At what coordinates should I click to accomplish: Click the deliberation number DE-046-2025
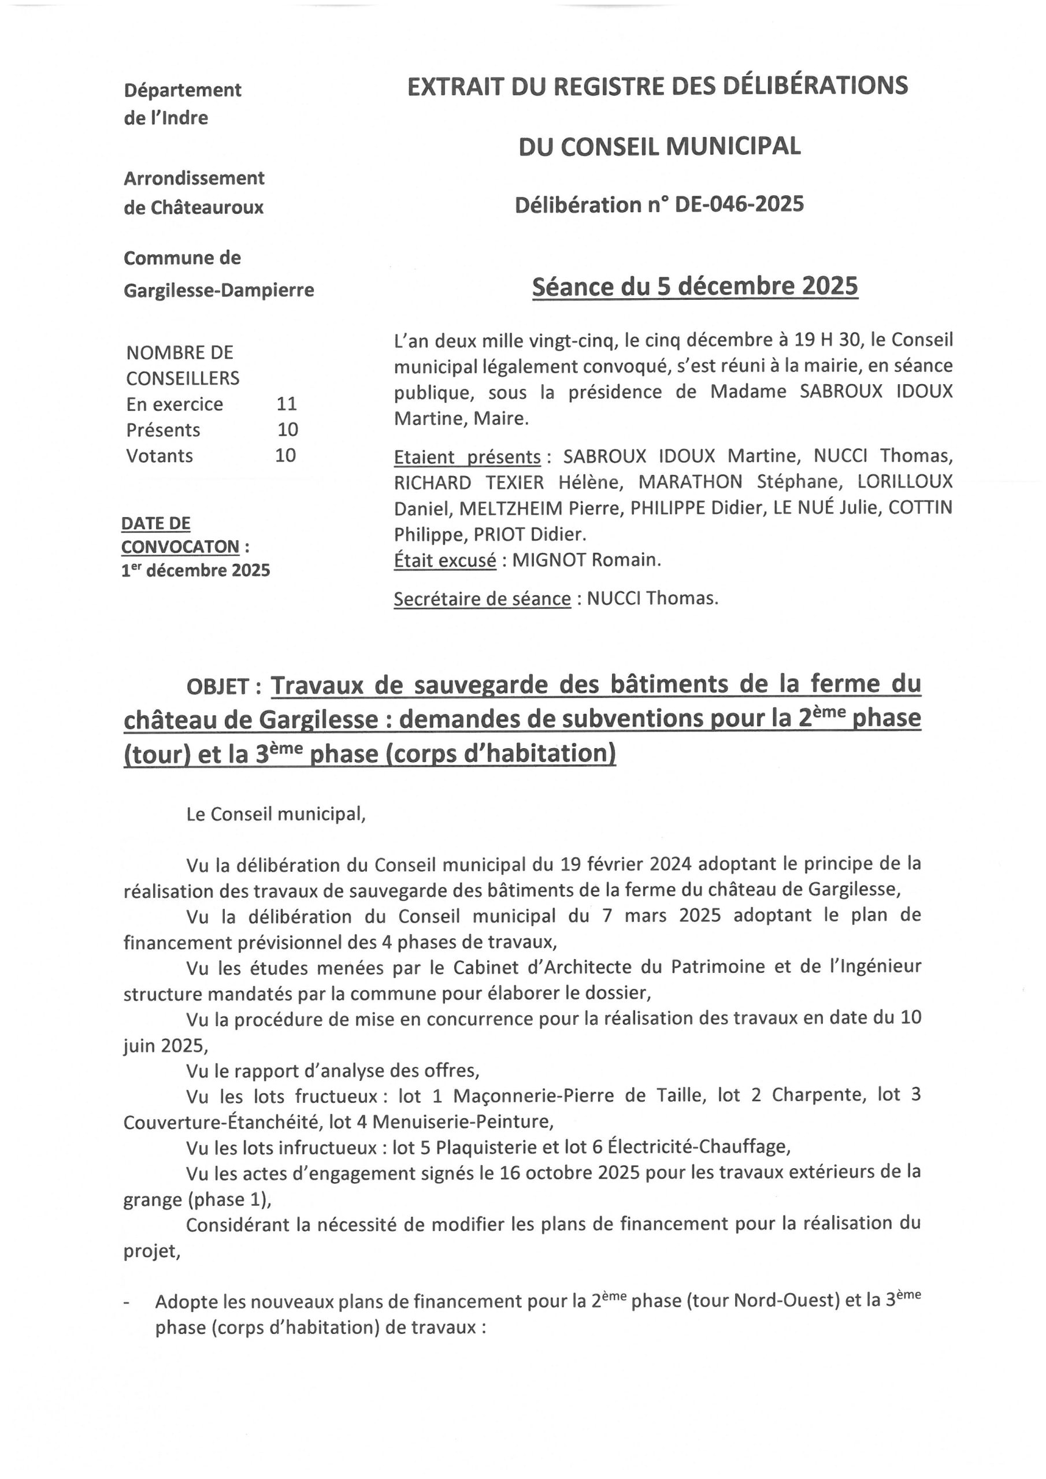pos(739,205)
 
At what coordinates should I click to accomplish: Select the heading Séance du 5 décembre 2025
pos(695,286)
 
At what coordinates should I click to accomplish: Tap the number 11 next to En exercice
pos(286,404)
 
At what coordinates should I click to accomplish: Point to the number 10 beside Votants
pos(285,455)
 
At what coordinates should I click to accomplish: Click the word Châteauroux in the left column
pos(207,207)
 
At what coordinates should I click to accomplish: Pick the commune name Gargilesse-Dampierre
pos(218,291)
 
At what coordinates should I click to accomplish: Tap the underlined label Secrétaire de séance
pos(482,599)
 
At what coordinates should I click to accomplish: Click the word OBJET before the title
pos(217,688)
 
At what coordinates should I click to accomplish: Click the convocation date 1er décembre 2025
pos(195,571)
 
